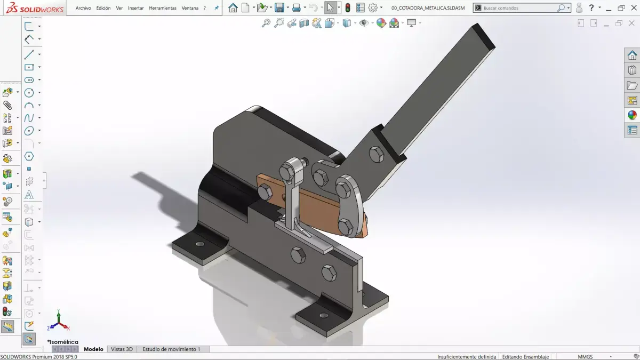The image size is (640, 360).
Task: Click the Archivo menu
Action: (83, 8)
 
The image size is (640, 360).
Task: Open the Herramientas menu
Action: (163, 8)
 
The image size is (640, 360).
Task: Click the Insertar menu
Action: (136, 8)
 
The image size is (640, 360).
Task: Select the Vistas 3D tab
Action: (122, 349)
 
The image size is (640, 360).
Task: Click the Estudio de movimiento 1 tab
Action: (171, 349)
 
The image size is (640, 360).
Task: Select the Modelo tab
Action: (93, 349)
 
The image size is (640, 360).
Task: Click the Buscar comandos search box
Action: (517, 8)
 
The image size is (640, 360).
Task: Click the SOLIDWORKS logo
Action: (33, 8)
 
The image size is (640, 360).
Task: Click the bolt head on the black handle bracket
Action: (377, 155)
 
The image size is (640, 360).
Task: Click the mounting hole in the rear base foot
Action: (200, 244)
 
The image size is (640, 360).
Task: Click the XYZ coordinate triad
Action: (59, 322)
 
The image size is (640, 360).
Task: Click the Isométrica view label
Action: (63, 342)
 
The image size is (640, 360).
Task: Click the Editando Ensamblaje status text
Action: (525, 356)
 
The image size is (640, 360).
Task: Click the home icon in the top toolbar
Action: (233, 8)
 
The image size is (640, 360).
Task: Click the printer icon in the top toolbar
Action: (296, 8)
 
